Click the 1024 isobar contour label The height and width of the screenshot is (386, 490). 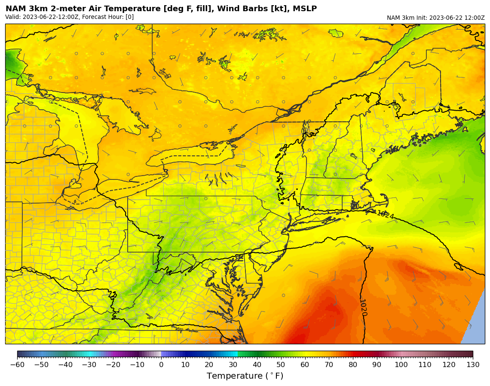click(385, 214)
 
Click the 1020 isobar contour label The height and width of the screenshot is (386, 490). click(364, 307)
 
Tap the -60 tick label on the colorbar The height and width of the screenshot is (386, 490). click(17, 365)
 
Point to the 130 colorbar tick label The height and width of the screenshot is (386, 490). click(473, 365)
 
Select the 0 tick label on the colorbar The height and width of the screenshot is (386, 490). click(161, 365)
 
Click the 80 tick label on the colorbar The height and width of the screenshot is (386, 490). click(353, 365)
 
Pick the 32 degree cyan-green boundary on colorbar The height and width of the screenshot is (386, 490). click(238, 354)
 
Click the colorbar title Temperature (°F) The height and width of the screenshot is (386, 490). click(245, 376)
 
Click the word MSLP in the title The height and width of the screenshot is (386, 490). click(303, 9)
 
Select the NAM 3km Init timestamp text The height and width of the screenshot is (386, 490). click(435, 18)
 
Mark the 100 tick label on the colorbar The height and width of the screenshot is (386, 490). click(401, 365)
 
